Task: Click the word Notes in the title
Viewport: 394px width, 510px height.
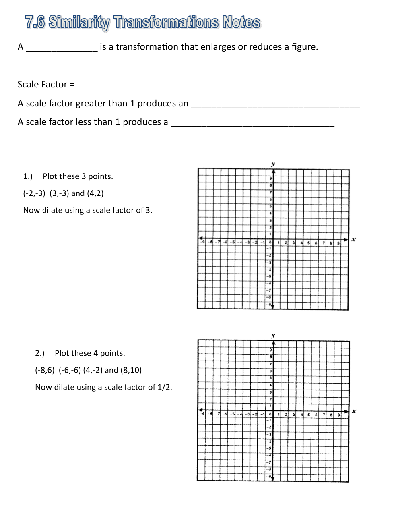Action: coord(241,22)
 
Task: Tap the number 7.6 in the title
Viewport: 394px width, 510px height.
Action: coord(35,22)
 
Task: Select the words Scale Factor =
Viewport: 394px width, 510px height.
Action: coord(46,85)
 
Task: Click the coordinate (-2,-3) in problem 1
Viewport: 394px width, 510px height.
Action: coord(34,193)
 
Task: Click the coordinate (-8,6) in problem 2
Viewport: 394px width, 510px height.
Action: coord(45,370)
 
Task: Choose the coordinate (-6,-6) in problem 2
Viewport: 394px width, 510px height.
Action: coord(70,370)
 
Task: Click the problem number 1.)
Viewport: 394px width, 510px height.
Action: coord(28,176)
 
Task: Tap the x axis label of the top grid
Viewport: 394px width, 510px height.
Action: coord(354,239)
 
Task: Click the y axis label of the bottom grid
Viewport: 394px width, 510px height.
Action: coord(273,335)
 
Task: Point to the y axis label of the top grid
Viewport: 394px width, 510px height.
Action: coord(273,164)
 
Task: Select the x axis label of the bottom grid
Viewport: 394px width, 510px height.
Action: coord(354,411)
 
